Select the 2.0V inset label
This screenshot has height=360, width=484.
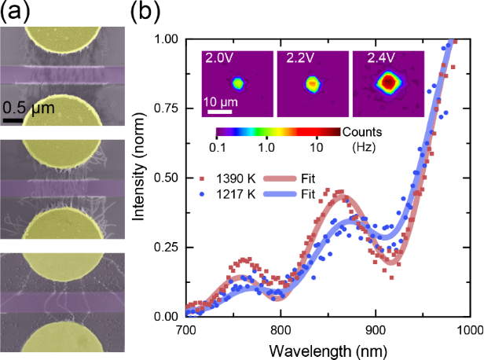pyautogui.click(x=218, y=59)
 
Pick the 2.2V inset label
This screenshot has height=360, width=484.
pyautogui.click(x=293, y=59)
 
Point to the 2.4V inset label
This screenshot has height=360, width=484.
pyautogui.click(x=368, y=59)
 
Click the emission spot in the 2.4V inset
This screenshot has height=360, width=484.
pyautogui.click(x=388, y=81)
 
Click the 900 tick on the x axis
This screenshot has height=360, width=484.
pyautogui.click(x=376, y=330)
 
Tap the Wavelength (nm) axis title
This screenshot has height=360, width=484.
pyautogui.click(x=328, y=348)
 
